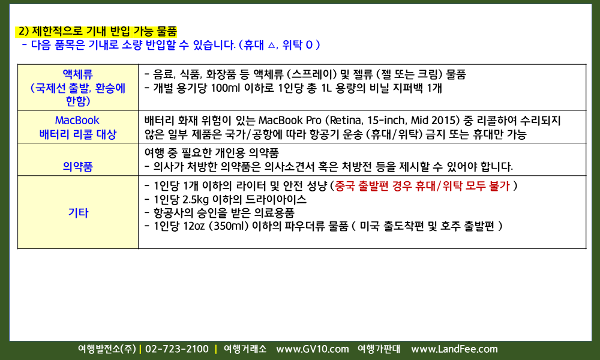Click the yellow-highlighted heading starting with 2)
pyautogui.click(x=97, y=31)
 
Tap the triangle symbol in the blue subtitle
pyautogui.click(x=271, y=45)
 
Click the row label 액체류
pyautogui.click(x=77, y=74)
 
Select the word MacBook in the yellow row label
pyautogui.click(x=77, y=120)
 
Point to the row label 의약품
pyautogui.click(x=77, y=166)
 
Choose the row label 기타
pyautogui.click(x=78, y=213)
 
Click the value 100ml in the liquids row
pyautogui.click(x=225, y=88)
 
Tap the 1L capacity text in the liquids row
pyautogui.click(x=326, y=88)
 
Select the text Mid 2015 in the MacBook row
pyautogui.click(x=435, y=121)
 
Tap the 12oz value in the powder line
pyautogui.click(x=194, y=226)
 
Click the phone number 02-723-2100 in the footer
pyautogui.click(x=177, y=349)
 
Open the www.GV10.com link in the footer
pyautogui.click(x=313, y=349)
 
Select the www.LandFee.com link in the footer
pyautogui.click(x=454, y=349)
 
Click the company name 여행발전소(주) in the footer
pyautogui.click(x=107, y=349)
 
